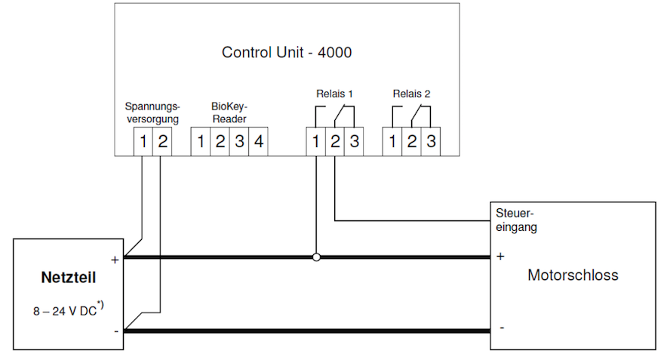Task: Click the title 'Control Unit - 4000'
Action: click(287, 53)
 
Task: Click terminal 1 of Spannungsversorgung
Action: click(143, 141)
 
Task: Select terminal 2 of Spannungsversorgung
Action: click(161, 141)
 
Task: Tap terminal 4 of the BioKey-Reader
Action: click(258, 141)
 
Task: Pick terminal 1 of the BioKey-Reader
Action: click(201, 141)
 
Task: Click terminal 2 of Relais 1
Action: click(335, 141)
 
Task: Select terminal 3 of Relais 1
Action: click(354, 141)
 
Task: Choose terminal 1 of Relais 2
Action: click(392, 141)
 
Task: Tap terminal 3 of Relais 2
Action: click(430, 141)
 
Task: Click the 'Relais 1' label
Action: click(334, 94)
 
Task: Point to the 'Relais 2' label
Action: click(411, 94)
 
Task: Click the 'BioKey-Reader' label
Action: click(229, 112)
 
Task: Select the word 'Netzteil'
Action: click(68, 278)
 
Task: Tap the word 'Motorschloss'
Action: click(573, 275)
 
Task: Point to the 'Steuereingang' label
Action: click(515, 220)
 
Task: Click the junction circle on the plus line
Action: click(317, 257)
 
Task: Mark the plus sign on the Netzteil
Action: click(115, 260)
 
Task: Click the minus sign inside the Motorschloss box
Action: click(502, 328)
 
